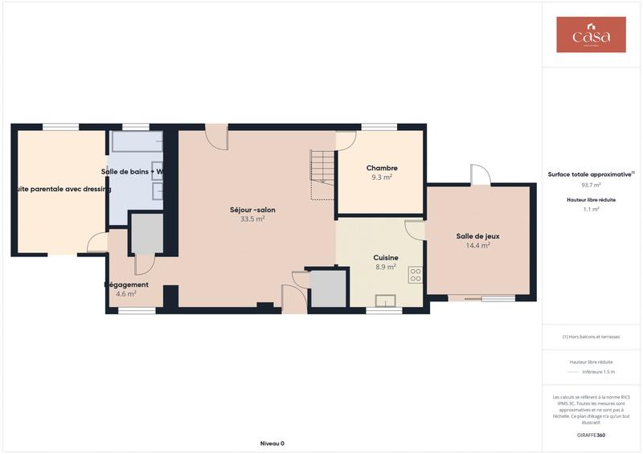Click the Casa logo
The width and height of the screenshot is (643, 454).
[591, 35]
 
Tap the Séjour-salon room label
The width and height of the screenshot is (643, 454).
[252, 210]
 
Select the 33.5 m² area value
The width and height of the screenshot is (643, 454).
[252, 219]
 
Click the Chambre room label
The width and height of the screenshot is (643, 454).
[382, 168]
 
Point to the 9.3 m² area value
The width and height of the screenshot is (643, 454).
[382, 177]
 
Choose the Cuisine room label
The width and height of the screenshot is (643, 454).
[386, 258]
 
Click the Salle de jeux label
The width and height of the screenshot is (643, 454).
[477, 235]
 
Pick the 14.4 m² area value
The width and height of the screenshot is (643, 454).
[477, 245]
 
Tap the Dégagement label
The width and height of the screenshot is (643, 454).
[126, 284]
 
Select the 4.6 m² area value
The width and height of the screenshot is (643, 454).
[126, 294]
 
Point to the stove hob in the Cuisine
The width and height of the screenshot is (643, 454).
[416, 276]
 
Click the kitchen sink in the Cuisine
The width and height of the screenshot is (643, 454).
[386, 301]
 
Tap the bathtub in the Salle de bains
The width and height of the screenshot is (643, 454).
[136, 143]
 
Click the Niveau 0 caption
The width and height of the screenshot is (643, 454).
[272, 443]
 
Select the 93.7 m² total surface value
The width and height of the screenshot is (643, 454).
[591, 184]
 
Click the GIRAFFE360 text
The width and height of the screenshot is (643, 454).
[591, 435]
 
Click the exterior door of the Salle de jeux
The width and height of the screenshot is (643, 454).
[480, 176]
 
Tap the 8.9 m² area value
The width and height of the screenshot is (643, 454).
[386, 268]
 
